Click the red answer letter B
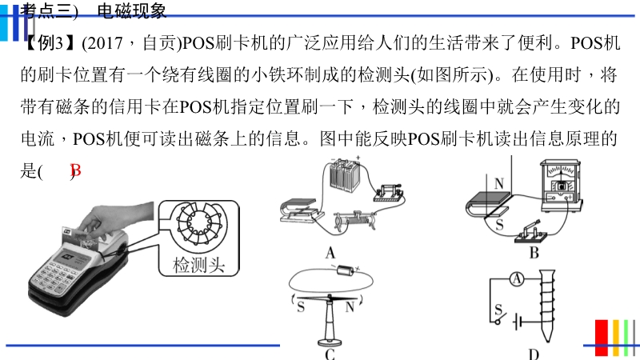pos(76,170)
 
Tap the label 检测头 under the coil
pos(198,266)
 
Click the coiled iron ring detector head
pos(198,224)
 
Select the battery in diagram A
pos(345,174)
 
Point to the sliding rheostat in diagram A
pos(354,221)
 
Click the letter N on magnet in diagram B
pos(498,183)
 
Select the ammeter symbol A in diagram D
pos(517,279)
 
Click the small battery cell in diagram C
pos(346,270)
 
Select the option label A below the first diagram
pos(330,253)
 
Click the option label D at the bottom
pos(533,354)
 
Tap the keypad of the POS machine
pos(53,278)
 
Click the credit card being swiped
pos(79,238)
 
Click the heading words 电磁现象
pos(131,10)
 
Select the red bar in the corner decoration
pos(602,338)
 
